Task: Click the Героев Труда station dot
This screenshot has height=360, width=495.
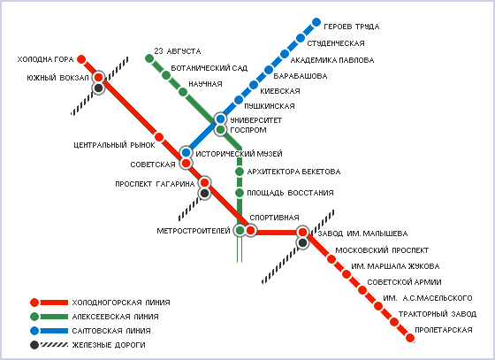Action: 316,22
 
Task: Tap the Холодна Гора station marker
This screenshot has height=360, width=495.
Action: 81,59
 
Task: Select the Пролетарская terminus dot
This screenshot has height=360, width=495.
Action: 410,338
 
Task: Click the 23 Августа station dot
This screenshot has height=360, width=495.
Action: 149,58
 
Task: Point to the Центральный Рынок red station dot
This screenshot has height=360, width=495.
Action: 159,137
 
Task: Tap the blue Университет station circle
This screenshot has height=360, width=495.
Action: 220,119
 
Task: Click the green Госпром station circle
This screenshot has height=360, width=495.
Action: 220,129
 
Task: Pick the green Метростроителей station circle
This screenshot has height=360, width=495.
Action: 240,231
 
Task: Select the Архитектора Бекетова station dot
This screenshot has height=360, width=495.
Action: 240,172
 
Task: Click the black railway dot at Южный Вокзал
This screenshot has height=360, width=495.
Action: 99,88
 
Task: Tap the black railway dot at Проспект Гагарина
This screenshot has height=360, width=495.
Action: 204,193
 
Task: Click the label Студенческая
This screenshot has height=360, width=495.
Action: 336,43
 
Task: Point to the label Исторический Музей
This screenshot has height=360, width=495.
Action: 239,154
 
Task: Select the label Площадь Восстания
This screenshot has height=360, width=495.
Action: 290,193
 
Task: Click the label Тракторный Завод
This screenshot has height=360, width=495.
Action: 438,314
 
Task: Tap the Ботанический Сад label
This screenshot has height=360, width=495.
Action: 209,68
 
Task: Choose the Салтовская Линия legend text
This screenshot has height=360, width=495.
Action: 111,331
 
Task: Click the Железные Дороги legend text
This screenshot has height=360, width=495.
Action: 109,345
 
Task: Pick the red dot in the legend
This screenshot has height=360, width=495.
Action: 34,303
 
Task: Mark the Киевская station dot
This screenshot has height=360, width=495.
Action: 254,85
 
